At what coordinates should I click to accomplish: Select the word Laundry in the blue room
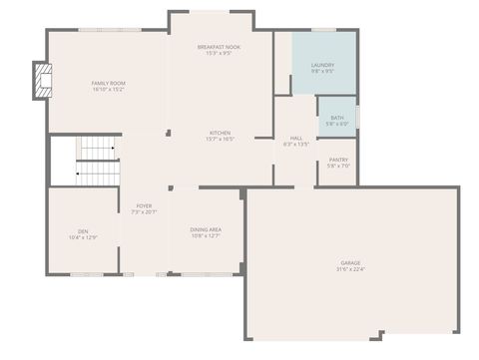click(322, 66)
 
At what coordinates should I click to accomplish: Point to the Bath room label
click(337, 118)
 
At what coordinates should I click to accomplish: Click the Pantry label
click(338, 160)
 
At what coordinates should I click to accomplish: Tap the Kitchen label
click(221, 133)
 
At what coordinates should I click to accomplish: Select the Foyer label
click(144, 205)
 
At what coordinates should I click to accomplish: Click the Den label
click(83, 230)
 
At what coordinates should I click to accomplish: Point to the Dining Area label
click(207, 229)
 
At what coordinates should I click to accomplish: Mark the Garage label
click(351, 262)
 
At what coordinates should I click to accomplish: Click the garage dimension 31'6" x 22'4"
click(351, 268)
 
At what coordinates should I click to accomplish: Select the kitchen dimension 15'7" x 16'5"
click(221, 139)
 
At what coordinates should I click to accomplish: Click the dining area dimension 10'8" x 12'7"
click(207, 235)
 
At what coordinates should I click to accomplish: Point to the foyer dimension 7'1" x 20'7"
click(144, 211)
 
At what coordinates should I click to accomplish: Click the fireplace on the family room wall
click(41, 82)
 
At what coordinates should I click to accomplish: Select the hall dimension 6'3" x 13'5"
click(296, 145)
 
